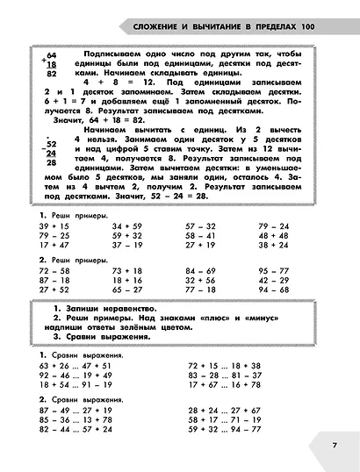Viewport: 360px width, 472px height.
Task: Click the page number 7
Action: (334, 445)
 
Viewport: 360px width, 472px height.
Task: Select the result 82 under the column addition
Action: (52, 75)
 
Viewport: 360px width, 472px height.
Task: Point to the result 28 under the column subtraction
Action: (52, 161)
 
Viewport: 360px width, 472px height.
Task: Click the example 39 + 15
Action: (54, 226)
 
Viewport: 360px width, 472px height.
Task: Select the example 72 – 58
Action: (54, 272)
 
